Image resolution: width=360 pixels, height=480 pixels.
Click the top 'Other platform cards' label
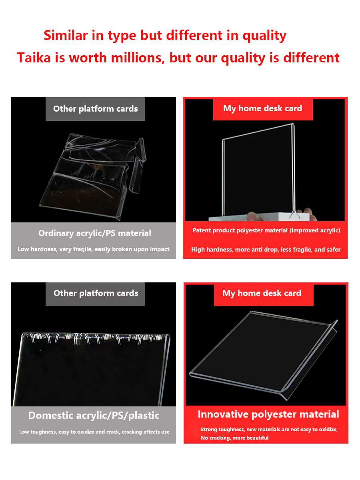[x=95, y=109]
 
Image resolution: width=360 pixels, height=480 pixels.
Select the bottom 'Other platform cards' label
[x=96, y=293]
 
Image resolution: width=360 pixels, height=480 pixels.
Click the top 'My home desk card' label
[x=262, y=108]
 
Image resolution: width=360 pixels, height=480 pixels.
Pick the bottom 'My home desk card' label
[x=262, y=293]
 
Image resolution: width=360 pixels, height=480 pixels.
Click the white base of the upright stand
[x=260, y=216]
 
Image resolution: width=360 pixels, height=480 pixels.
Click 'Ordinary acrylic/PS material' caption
[x=95, y=233]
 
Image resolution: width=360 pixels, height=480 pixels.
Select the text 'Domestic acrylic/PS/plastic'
[x=94, y=415]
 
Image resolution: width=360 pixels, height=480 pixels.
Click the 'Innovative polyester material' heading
[x=268, y=414]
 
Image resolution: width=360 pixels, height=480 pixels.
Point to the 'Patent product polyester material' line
[x=266, y=230]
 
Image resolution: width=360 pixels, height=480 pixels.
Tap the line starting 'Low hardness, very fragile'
[x=93, y=249]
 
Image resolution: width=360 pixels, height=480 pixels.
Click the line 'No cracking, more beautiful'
[x=234, y=438]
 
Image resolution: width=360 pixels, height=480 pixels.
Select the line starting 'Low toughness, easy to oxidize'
[x=94, y=432]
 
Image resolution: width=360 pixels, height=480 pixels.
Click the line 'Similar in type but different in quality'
[x=165, y=35]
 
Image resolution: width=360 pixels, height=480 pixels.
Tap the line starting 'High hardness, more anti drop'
[x=266, y=250]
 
